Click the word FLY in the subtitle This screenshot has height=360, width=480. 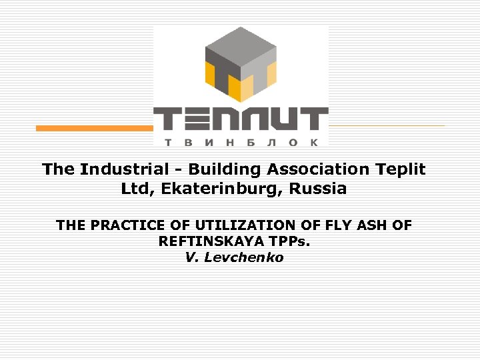pos(323,225)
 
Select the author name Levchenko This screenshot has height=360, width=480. pos(244,257)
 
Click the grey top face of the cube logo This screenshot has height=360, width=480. pos(240,45)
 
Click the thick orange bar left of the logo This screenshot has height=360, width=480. pos(94,128)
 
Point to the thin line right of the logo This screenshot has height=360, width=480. pos(387,125)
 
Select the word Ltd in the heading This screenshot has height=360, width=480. pos(136,189)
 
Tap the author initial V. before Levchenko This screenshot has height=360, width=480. pos(191,257)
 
